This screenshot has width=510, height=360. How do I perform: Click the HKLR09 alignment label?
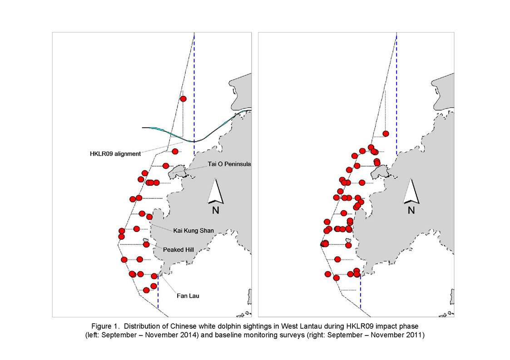point(115,153)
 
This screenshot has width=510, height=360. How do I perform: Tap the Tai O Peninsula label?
point(229,164)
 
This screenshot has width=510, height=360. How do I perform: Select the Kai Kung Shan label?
point(193,231)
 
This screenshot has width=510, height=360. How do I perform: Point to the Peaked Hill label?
point(178,250)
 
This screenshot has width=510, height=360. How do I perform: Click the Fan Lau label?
point(188,296)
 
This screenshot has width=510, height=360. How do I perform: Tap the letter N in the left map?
point(215,210)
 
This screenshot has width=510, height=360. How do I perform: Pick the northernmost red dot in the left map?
point(183,99)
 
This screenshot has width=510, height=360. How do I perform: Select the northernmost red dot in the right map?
point(386,133)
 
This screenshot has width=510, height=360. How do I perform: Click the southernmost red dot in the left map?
point(146,290)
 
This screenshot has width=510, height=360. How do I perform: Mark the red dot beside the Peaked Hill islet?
point(146,244)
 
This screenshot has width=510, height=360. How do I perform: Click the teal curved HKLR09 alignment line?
point(194,141)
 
